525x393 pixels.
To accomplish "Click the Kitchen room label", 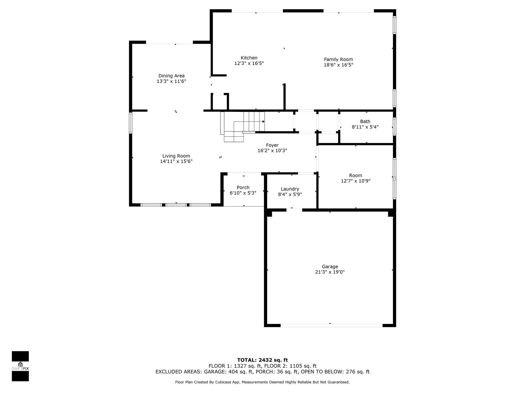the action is click(x=249, y=58).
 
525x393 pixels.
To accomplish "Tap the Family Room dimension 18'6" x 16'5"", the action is click(x=338, y=65).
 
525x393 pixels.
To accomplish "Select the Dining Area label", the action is click(x=171, y=76).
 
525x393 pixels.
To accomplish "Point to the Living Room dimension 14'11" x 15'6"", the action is click(x=176, y=161).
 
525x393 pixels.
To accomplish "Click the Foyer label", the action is click(x=272, y=145).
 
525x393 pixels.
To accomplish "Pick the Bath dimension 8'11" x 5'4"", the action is click(x=365, y=127).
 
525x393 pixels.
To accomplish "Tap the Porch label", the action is click(x=243, y=188).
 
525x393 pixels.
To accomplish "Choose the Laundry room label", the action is click(x=290, y=189).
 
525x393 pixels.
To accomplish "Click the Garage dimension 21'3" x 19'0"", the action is click(x=330, y=272).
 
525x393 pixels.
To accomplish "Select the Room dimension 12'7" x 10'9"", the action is click(x=356, y=181).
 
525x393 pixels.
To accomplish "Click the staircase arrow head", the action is click(x=264, y=122).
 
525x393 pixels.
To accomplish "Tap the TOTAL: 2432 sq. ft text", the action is click(x=262, y=360).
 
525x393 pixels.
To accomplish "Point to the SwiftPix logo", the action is click(x=20, y=366).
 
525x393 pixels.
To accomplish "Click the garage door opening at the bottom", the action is click(x=331, y=325).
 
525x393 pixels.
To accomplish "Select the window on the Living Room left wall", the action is click(x=130, y=123).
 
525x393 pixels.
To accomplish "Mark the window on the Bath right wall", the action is click(x=395, y=126).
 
